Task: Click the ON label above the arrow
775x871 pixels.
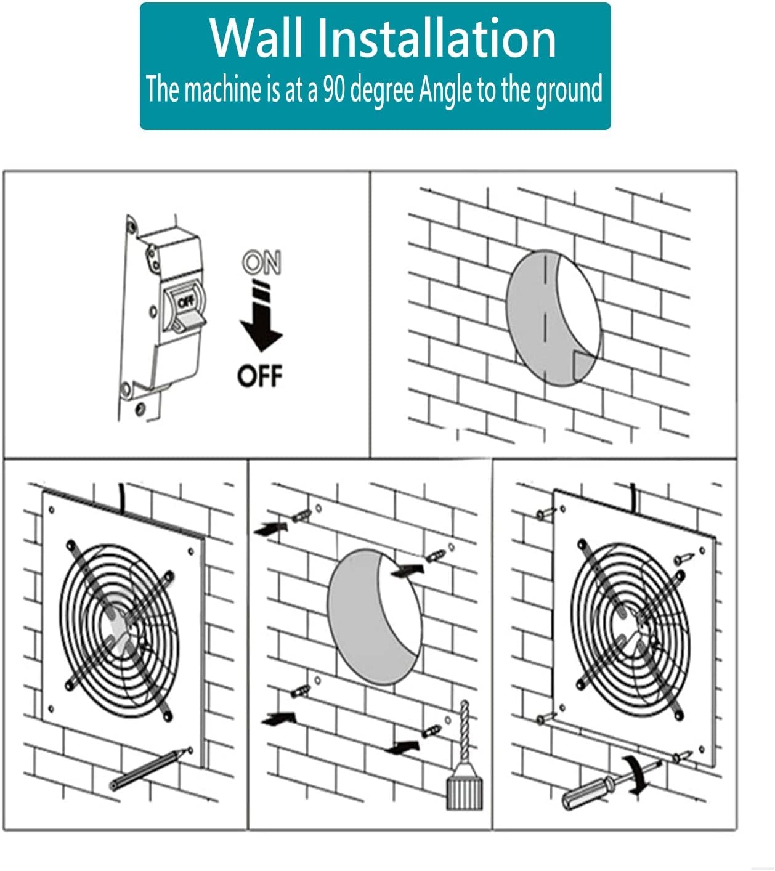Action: (x=261, y=263)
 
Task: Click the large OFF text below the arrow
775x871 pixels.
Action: (x=260, y=375)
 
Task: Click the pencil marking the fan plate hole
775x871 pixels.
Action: (x=148, y=769)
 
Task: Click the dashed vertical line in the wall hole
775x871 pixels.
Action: (x=545, y=314)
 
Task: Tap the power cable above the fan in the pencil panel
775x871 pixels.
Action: (x=123, y=496)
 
